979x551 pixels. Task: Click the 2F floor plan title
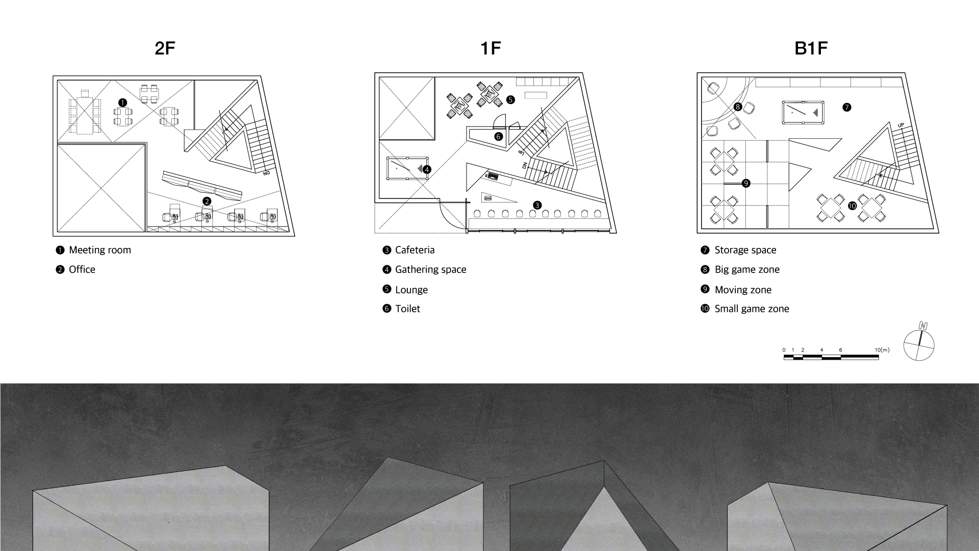point(165,48)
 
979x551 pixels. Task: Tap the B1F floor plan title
point(811,48)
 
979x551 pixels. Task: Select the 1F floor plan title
point(491,48)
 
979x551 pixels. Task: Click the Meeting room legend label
point(100,250)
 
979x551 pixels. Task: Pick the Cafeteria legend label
point(415,250)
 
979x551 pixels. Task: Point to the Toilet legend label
point(407,309)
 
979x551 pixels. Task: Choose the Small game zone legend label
point(752,309)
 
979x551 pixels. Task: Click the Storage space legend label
point(745,250)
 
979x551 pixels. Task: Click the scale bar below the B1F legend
point(831,357)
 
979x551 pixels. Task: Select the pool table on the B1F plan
point(803,113)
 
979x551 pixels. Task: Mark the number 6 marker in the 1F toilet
point(498,136)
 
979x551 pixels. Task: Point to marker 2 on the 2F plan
point(207,202)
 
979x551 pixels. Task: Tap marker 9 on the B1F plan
point(746,183)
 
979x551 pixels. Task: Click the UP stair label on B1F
point(900,125)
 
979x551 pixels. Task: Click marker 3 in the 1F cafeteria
point(537,205)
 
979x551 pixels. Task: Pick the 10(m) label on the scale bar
point(882,350)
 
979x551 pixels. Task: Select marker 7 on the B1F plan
point(846,107)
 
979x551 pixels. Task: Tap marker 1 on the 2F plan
point(122,103)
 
